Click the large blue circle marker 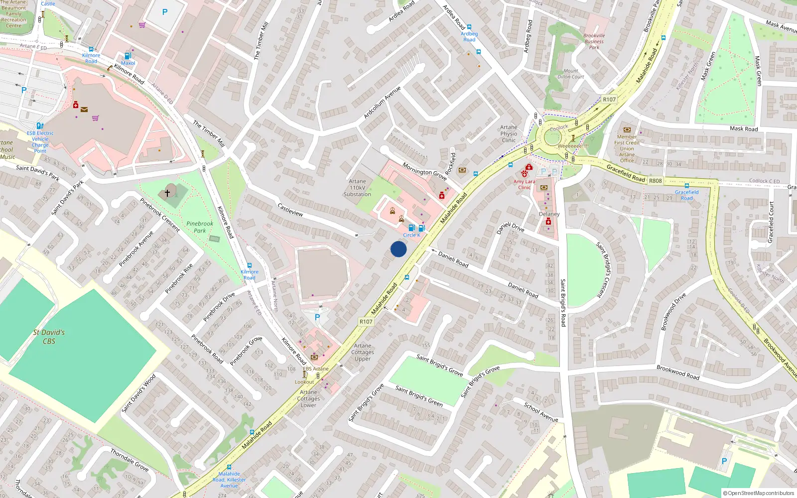pyautogui.click(x=398, y=249)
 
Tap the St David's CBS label pyautogui.click(x=49, y=337)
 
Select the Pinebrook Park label pyautogui.click(x=200, y=227)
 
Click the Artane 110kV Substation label pyautogui.click(x=357, y=188)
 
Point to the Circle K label pyautogui.click(x=411, y=235)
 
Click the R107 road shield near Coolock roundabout pyautogui.click(x=609, y=99)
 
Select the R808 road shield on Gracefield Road pyautogui.click(x=655, y=181)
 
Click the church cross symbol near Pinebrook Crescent pyautogui.click(x=167, y=192)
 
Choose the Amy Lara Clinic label pyautogui.click(x=524, y=184)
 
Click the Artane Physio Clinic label pyautogui.click(x=509, y=133)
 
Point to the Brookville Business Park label pyautogui.click(x=594, y=41)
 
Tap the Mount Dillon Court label pyautogui.click(x=571, y=74)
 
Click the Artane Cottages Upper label pyautogui.click(x=363, y=352)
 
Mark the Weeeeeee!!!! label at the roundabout pyautogui.click(x=573, y=146)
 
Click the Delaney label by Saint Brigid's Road pyautogui.click(x=549, y=214)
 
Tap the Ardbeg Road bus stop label pyautogui.click(x=469, y=36)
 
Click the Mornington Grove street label pyautogui.click(x=424, y=172)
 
